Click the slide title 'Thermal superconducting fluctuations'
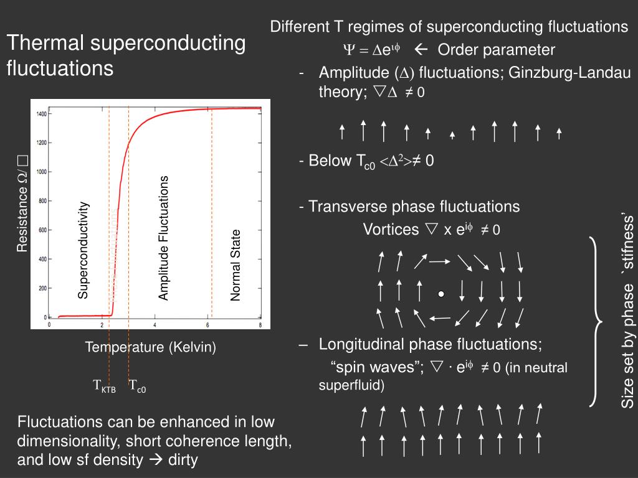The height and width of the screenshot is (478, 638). point(126,55)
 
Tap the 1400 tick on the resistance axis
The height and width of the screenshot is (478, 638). point(42,114)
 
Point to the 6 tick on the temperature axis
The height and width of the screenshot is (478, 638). point(207,326)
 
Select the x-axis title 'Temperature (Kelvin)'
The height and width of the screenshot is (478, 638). point(150,347)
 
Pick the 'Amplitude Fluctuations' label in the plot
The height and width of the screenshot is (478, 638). point(163,238)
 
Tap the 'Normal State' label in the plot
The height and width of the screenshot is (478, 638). point(236,266)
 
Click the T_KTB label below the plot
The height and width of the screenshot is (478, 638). point(104,387)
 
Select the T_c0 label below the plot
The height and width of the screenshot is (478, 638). point(137,387)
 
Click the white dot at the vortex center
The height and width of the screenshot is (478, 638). point(440,294)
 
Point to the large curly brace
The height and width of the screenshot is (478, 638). point(596,322)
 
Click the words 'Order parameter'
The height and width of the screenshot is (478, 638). point(496,50)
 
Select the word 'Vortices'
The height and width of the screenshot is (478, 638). point(391,230)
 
